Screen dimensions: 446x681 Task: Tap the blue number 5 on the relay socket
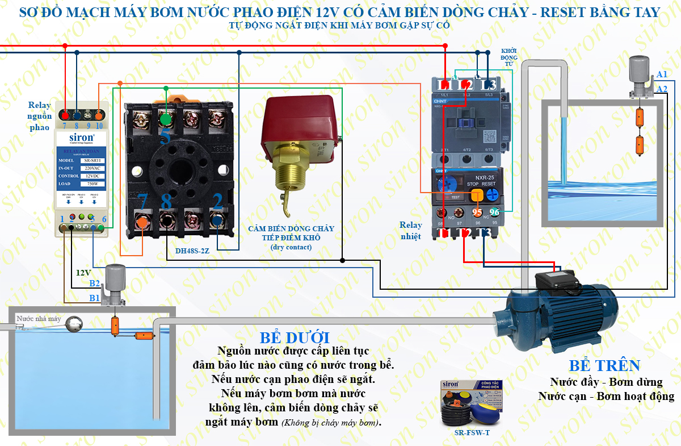pyautogui.click(x=165, y=136)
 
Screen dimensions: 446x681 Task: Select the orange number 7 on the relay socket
pyautogui.click(x=142, y=201)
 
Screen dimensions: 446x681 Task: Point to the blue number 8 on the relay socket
pyautogui.click(x=166, y=201)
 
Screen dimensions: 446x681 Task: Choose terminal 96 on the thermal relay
pyautogui.click(x=494, y=212)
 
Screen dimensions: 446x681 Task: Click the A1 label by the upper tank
pyautogui.click(x=662, y=75)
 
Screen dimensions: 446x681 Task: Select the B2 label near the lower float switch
pyautogui.click(x=94, y=284)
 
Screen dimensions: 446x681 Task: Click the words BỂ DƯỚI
pyautogui.click(x=294, y=337)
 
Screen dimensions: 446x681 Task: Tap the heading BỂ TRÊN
pyautogui.click(x=604, y=365)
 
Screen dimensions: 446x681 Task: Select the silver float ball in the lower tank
pyautogui.click(x=74, y=324)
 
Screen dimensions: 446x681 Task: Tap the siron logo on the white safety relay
pyautogui.click(x=82, y=137)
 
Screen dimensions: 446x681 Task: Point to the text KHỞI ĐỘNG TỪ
pyautogui.click(x=509, y=57)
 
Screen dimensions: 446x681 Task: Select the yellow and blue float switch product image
pyautogui.click(x=472, y=403)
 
